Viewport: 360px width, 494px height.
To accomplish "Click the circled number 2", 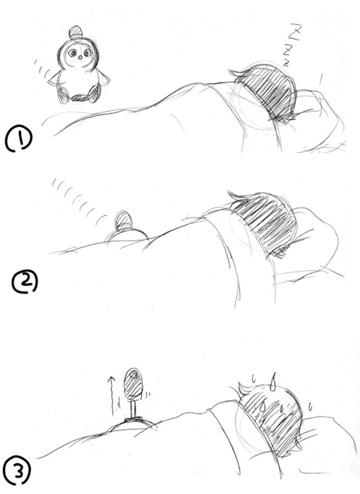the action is (25, 282).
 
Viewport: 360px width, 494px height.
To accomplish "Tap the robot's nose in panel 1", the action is (80, 57).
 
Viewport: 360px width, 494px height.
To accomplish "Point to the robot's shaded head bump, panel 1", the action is (76, 32).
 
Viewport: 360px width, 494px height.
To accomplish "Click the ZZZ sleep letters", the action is (292, 45).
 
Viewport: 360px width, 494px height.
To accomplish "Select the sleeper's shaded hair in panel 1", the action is (268, 92).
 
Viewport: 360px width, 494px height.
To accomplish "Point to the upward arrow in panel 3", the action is (111, 395).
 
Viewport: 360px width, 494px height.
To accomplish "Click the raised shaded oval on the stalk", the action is (133, 383).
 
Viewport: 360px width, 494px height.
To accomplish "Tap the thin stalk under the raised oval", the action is (133, 409).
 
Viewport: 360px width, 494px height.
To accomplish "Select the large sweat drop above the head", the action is (273, 381).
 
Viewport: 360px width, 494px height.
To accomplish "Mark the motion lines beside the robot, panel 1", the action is (42, 70).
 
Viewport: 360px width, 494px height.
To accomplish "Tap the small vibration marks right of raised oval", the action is (147, 394).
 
